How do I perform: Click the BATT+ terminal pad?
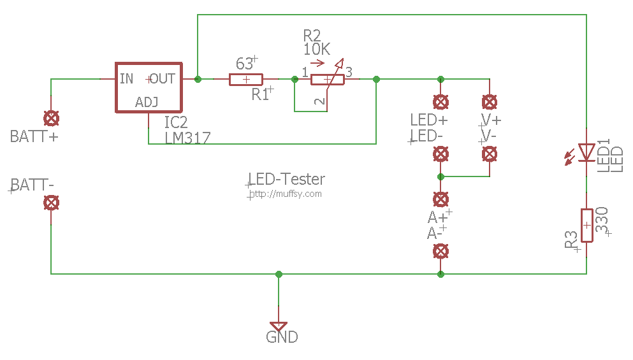tap(51, 119)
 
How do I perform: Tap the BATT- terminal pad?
tap(51, 203)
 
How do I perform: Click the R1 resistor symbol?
tap(246, 80)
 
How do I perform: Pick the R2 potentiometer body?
tap(328, 80)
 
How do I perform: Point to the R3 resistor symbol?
tap(586, 225)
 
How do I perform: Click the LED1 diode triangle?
tap(586, 152)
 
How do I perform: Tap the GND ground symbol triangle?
tap(279, 326)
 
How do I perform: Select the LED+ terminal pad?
tap(441, 102)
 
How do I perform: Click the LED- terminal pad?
tap(441, 154)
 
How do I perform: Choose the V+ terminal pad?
tap(490, 102)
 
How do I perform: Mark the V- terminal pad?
tap(490, 154)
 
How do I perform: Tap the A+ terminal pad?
tap(441, 199)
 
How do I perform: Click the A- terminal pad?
tap(441, 251)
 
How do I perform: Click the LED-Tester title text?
tap(287, 179)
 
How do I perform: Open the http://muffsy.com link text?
tap(286, 194)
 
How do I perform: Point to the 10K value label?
tap(317, 49)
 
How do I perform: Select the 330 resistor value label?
tap(602, 220)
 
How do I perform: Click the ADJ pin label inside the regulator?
tap(147, 102)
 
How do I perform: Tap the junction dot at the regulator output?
tap(198, 80)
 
